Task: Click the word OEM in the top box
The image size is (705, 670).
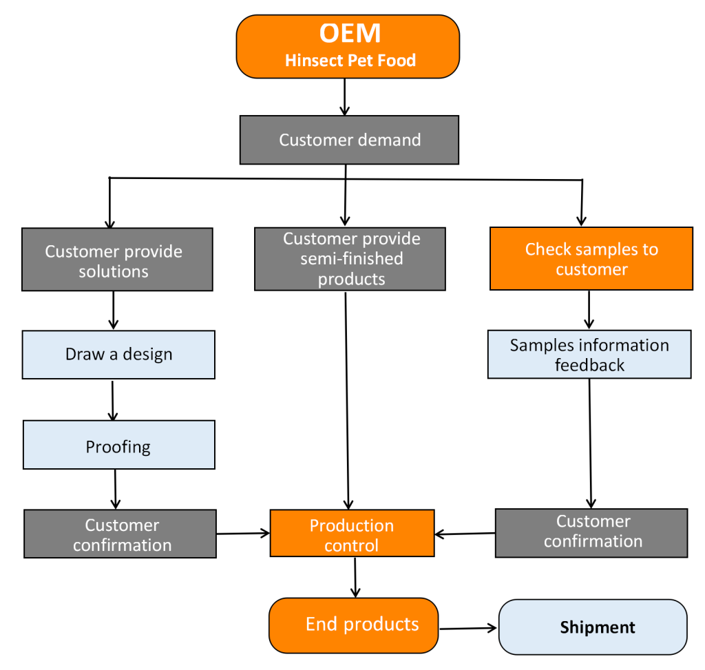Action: (x=350, y=33)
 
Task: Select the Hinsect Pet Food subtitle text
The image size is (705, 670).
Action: (x=350, y=61)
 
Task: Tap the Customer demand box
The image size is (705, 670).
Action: (x=349, y=140)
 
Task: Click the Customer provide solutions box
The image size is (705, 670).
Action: (x=117, y=260)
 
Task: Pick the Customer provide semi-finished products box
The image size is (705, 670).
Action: (x=350, y=259)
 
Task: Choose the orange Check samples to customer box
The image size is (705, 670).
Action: (x=591, y=258)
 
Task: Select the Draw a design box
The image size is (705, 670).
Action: (x=118, y=355)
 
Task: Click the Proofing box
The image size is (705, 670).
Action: (x=118, y=446)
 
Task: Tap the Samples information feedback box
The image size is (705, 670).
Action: (x=589, y=355)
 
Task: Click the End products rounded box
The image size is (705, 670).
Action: (x=354, y=625)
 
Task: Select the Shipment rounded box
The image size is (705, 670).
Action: (x=593, y=627)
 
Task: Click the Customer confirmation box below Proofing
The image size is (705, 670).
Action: (x=120, y=534)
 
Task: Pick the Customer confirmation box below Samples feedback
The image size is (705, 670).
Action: (x=591, y=532)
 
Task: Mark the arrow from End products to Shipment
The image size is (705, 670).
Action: (x=468, y=628)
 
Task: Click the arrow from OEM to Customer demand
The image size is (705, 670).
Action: (x=345, y=96)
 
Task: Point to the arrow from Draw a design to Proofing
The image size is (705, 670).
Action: (x=113, y=400)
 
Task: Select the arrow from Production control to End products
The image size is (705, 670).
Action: (x=355, y=577)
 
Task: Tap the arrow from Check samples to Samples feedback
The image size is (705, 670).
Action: (x=589, y=310)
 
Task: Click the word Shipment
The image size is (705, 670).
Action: (x=598, y=627)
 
